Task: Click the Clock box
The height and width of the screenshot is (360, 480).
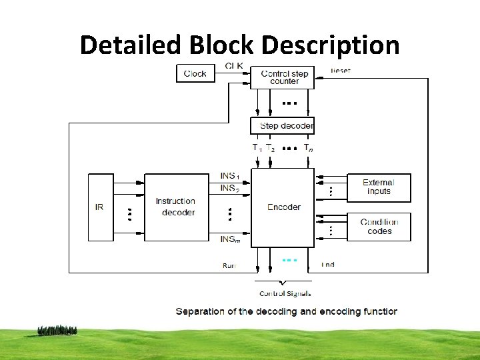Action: pyautogui.click(x=195, y=73)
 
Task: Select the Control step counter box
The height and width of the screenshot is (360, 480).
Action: pyautogui.click(x=285, y=77)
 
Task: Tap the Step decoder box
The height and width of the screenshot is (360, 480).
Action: pyautogui.click(x=283, y=125)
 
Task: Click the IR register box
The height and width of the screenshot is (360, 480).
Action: pyautogui.click(x=99, y=207)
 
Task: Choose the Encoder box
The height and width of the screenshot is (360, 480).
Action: pyautogui.click(x=283, y=207)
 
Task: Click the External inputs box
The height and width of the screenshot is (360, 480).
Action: pyautogui.click(x=379, y=187)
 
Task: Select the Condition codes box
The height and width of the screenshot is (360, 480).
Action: pyautogui.click(x=379, y=227)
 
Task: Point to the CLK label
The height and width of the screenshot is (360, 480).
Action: pyautogui.click(x=234, y=65)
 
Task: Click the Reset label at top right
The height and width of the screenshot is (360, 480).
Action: pyautogui.click(x=341, y=70)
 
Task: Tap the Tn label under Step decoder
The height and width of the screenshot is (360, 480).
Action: pyautogui.click(x=308, y=148)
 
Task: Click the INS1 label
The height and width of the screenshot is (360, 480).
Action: pyautogui.click(x=230, y=176)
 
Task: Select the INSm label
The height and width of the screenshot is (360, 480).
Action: pyautogui.click(x=230, y=238)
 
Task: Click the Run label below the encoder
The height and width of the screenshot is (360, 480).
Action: pyautogui.click(x=229, y=265)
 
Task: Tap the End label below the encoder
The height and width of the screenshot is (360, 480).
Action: pyautogui.click(x=328, y=265)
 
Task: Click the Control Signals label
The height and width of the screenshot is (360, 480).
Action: pyautogui.click(x=285, y=293)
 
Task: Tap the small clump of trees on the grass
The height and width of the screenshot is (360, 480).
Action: pyautogui.click(x=57, y=330)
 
